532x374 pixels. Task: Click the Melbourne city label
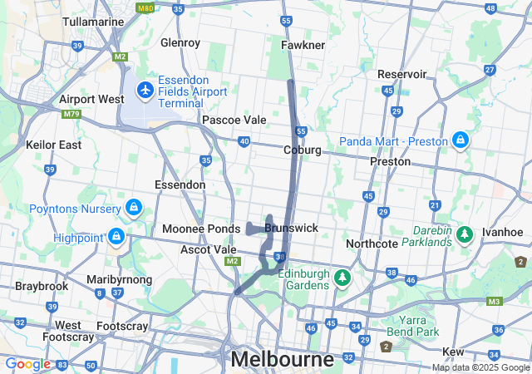[282, 360]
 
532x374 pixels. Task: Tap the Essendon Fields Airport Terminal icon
[145, 88]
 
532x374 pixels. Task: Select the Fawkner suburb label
[303, 44]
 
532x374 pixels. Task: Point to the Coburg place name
[302, 150]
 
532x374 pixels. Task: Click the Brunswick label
[291, 227]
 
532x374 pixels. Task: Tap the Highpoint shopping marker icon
[116, 238]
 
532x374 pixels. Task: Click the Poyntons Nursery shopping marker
[133, 206]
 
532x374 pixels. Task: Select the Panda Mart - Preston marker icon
[460, 140]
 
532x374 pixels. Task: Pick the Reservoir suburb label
[401, 74]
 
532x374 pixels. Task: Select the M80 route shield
[146, 9]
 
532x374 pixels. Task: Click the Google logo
[27, 364]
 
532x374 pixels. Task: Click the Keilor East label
[53, 145]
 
